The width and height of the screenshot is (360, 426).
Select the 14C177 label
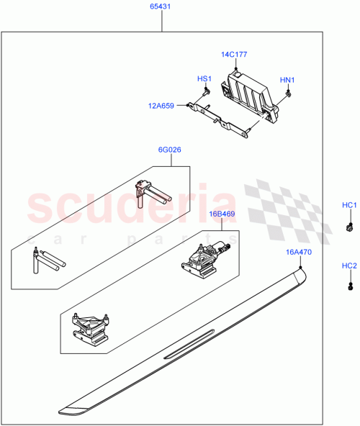234,53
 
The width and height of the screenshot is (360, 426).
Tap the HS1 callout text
204,79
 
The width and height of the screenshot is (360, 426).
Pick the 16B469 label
222,214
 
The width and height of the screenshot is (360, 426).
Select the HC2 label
349,267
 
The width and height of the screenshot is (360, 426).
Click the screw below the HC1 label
349,227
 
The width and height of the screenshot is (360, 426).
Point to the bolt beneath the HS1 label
206,91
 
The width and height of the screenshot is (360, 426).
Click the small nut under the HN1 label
287,92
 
